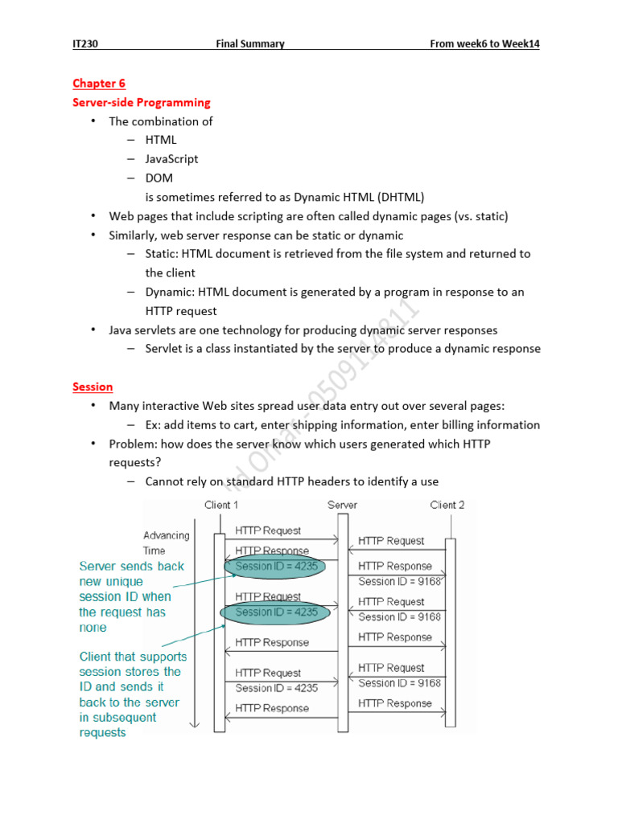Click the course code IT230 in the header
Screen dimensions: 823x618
86,43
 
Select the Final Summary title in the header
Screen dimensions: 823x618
249,43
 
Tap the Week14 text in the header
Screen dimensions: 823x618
521,43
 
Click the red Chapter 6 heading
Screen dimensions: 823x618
99,84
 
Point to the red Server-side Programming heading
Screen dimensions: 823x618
141,103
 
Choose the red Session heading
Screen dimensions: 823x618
93,387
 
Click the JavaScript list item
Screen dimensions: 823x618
171,159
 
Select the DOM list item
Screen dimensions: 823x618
159,178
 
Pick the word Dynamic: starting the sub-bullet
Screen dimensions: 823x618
169,292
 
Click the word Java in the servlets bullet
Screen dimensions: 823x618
122,330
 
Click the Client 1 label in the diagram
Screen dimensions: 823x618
222,505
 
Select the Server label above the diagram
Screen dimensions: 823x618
342,505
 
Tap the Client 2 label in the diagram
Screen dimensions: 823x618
447,505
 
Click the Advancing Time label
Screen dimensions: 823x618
166,543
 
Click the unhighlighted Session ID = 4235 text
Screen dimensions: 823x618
276,688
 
